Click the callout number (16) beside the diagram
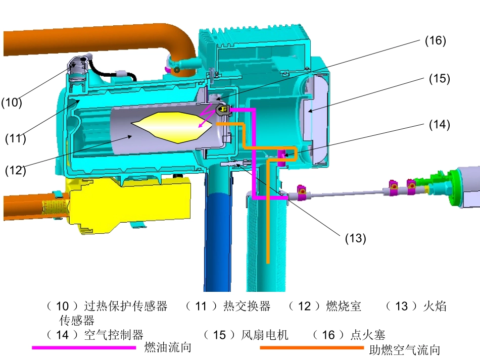(435, 41)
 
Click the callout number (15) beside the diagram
(439, 79)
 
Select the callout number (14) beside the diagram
(439, 124)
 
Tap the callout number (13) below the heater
(355, 238)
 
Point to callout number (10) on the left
(11, 103)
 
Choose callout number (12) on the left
(15, 170)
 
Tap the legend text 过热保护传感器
(125, 306)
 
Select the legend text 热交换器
(247, 306)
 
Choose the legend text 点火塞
(368, 335)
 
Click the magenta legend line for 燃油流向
(84, 347)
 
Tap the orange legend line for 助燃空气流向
(311, 347)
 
